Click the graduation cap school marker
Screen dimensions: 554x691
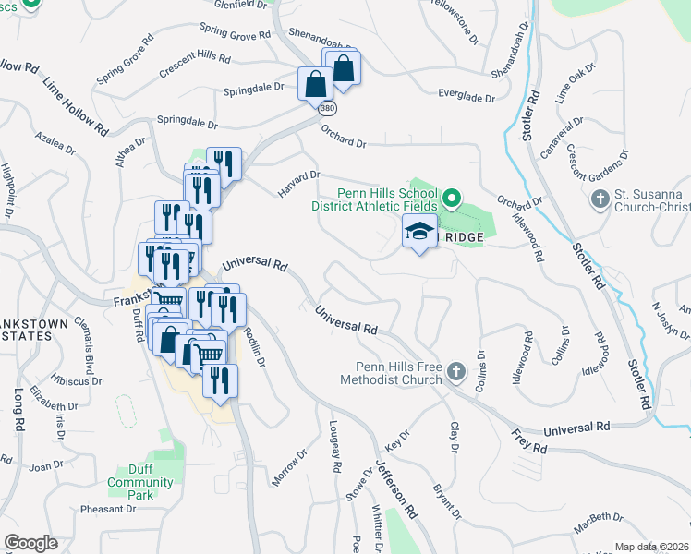(x=420, y=233)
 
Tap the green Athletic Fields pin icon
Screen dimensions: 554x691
(x=452, y=198)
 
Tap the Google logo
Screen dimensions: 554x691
(x=30, y=543)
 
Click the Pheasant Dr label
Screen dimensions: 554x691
(x=109, y=509)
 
